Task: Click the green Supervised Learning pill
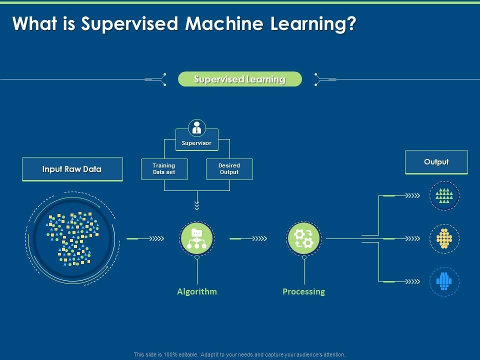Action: point(240,79)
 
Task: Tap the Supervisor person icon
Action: point(197,127)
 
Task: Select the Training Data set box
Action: point(164,169)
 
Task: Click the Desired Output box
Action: point(229,169)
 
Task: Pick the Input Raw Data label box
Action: point(72,169)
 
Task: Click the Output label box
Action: point(436,162)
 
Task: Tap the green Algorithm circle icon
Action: point(197,238)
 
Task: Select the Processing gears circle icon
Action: point(304,238)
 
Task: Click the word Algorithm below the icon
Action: point(197,291)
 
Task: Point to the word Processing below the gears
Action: point(303,291)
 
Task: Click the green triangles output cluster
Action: point(444,195)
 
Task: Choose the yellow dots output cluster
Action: point(444,238)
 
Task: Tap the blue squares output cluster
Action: point(444,281)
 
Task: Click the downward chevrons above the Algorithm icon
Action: point(197,205)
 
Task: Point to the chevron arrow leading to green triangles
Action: point(412,195)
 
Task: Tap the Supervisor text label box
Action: point(196,143)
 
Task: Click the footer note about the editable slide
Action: point(240,354)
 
